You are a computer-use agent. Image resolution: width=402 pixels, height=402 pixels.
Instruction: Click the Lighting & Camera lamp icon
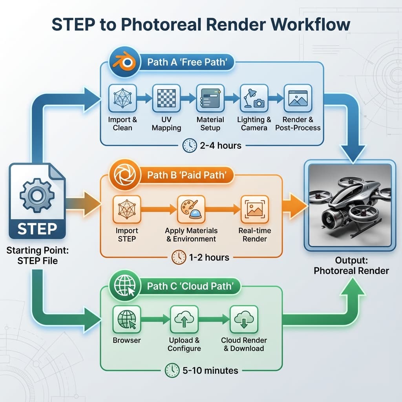(x=254, y=98)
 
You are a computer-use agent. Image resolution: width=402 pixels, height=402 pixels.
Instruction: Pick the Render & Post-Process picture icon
(x=297, y=98)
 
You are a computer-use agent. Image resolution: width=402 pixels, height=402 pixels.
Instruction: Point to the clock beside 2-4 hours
(x=190, y=145)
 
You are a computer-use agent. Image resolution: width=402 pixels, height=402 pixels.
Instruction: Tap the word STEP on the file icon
(x=37, y=228)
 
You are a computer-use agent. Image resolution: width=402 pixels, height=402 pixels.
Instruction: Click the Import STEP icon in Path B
(x=126, y=209)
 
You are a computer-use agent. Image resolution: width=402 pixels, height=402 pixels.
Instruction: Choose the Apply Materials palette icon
(x=191, y=209)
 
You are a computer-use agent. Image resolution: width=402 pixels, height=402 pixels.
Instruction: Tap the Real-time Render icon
(x=254, y=209)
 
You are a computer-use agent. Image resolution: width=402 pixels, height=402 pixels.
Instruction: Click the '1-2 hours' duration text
(x=209, y=257)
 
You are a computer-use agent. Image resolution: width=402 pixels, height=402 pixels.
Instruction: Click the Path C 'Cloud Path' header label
(x=193, y=286)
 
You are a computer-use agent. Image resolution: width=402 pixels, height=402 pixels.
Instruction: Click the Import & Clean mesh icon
(x=122, y=98)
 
